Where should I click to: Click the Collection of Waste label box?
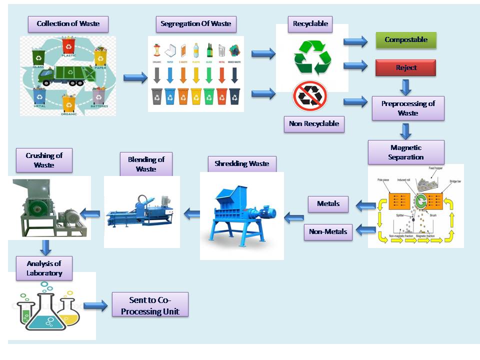coord(68,24)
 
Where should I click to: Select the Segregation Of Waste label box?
coord(195,24)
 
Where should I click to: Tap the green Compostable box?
coord(406,40)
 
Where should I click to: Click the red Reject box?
coord(405,67)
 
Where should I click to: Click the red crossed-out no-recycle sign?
coord(310,96)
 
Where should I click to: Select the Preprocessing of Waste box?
coord(408,108)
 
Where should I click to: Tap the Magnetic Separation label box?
coord(405,152)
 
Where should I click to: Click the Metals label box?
coord(328,203)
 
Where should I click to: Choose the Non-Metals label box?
coord(328,231)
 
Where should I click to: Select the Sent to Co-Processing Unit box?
coord(150,304)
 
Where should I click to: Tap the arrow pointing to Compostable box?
coord(355,41)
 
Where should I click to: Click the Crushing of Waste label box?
coord(43,160)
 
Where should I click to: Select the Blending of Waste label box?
coord(146,164)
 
